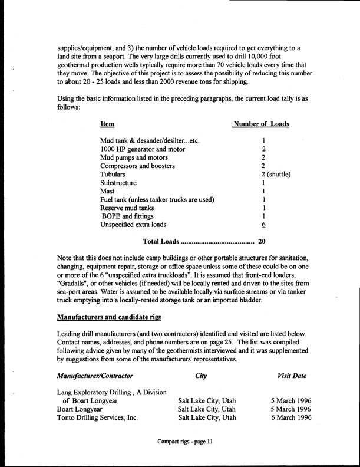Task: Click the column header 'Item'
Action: pyautogui.click(x=107, y=124)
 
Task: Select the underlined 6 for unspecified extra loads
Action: pyautogui.click(x=265, y=225)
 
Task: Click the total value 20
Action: pyautogui.click(x=262, y=242)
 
